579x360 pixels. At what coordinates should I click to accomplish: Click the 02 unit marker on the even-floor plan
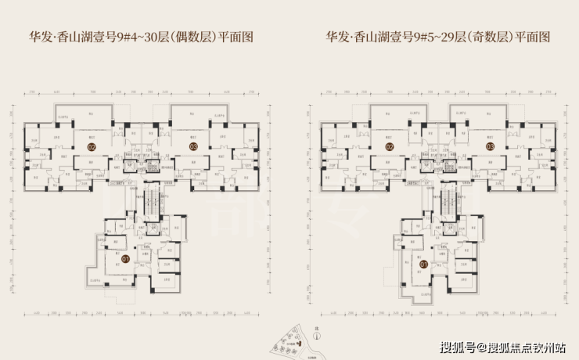pyautogui.click(x=92, y=146)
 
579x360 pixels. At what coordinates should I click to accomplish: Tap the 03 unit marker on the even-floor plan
pyautogui.click(x=192, y=146)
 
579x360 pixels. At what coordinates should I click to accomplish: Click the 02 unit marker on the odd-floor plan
pyautogui.click(x=389, y=146)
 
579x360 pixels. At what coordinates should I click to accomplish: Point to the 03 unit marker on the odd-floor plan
pyautogui.click(x=490, y=146)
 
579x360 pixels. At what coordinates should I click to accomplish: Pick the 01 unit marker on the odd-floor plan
pyautogui.click(x=423, y=264)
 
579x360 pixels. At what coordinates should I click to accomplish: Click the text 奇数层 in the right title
pyautogui.click(x=489, y=37)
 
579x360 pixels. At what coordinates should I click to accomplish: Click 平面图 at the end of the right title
pyautogui.click(x=534, y=37)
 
